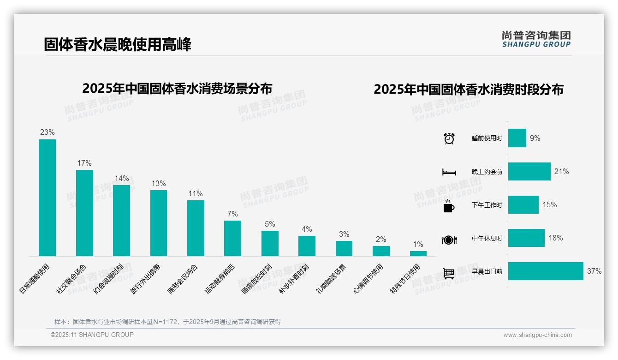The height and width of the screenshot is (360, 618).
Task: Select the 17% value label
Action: pos(84,163)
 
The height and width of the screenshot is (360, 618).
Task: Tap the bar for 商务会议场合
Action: pos(196,228)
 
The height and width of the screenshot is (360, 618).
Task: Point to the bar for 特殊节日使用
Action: pos(418,253)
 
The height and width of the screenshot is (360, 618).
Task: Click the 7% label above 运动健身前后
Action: pos(232,214)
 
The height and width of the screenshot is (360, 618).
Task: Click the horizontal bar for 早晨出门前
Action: pos(546,271)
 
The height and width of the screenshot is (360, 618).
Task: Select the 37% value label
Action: pos(594,271)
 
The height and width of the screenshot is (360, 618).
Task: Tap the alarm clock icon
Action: pos(449,138)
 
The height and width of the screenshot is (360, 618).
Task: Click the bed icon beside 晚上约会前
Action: pos(449,172)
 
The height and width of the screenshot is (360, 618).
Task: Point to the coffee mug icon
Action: pos(449,205)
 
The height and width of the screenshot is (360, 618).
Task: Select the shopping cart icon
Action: pos(449,273)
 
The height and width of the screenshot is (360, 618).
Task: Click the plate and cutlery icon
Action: pos(449,240)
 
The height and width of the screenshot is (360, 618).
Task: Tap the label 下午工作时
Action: pos(487,205)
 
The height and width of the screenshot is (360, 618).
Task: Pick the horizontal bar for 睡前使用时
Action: pos(517,138)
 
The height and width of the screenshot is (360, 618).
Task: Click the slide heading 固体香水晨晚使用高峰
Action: pos(117,45)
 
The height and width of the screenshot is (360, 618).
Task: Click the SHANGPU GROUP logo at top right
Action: pos(536,39)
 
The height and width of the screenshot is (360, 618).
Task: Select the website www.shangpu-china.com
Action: pos(537,335)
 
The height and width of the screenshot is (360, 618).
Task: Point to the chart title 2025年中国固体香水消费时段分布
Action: pos(468,90)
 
